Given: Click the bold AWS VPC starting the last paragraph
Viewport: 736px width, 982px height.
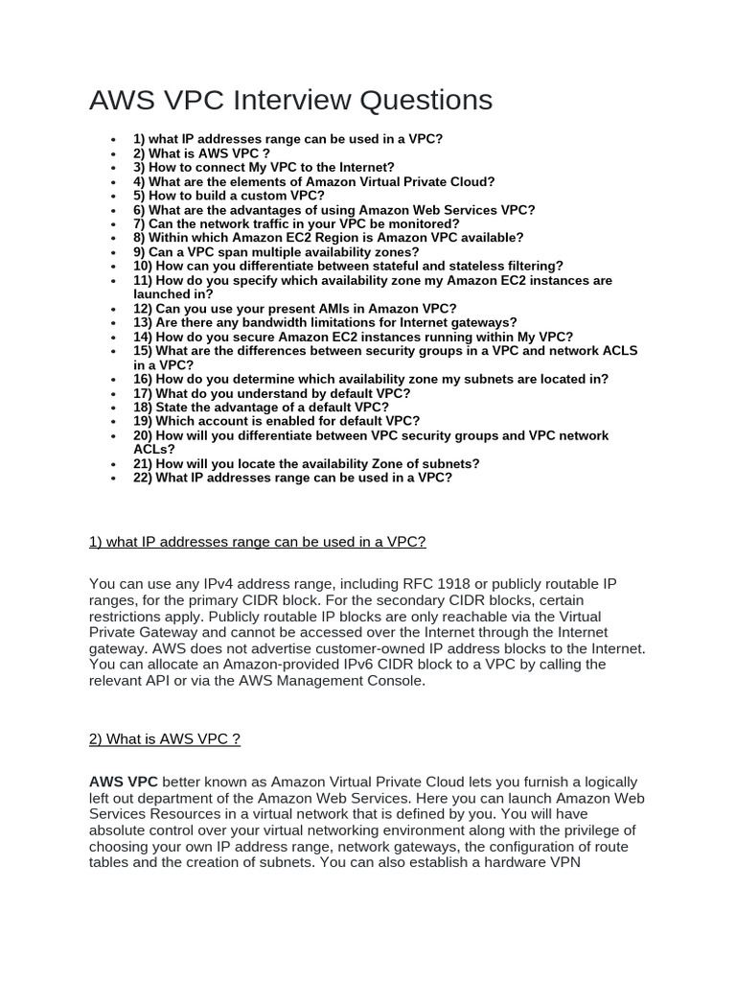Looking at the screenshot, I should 124,782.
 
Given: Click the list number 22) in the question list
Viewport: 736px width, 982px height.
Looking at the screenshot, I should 144,477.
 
